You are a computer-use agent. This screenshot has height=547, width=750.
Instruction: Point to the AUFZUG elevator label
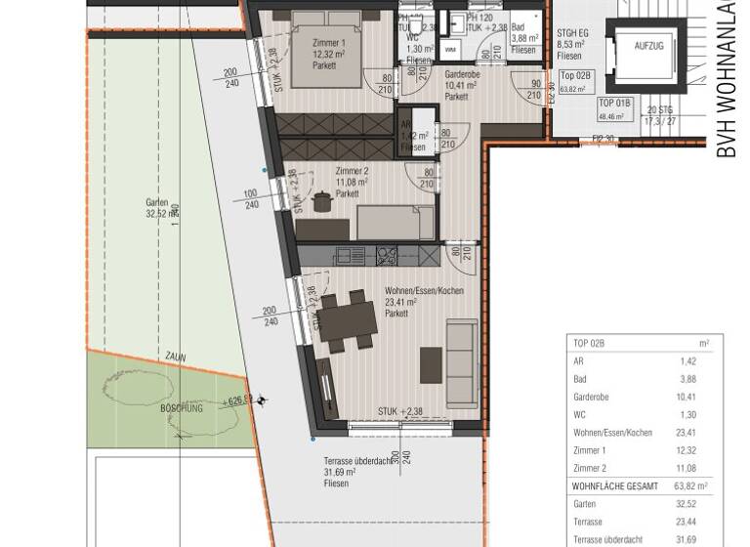pos(650,46)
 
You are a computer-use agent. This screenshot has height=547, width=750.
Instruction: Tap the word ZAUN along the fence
pos(175,358)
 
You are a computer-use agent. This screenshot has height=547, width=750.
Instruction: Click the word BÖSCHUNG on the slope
pos(182,408)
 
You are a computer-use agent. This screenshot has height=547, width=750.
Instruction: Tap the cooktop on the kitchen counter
pos(386,256)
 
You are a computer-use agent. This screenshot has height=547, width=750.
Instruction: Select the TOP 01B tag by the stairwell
pos(615,103)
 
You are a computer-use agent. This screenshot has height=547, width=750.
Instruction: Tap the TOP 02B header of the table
pos(590,344)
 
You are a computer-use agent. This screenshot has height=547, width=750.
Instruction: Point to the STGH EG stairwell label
pos(574,32)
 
